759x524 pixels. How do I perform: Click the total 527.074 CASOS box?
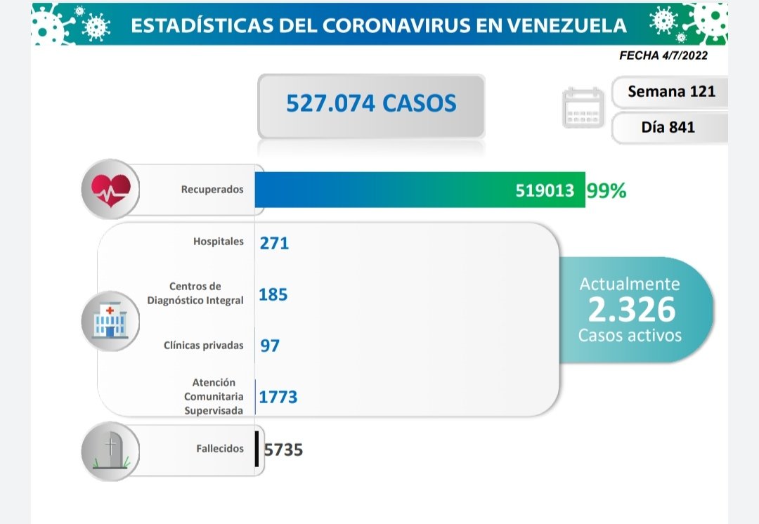[x=371, y=104]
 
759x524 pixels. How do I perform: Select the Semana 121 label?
[x=671, y=91]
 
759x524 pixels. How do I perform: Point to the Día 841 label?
[x=668, y=127]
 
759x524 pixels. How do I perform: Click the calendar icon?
[x=583, y=107]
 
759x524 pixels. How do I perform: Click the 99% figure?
[x=606, y=190]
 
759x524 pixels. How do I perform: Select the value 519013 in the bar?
[x=545, y=190]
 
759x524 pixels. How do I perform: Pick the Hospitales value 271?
[x=274, y=243]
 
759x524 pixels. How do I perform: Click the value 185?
[x=273, y=294]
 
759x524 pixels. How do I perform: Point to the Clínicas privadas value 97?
[x=270, y=346]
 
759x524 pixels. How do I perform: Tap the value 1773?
[x=278, y=398]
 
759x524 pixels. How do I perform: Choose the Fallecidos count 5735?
[x=283, y=450]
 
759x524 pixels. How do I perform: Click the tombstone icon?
[x=110, y=451]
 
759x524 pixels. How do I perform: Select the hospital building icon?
[x=110, y=320]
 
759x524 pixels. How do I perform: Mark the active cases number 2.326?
[x=630, y=309]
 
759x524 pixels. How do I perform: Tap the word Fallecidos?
[x=220, y=449]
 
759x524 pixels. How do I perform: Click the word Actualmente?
[x=630, y=284]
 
